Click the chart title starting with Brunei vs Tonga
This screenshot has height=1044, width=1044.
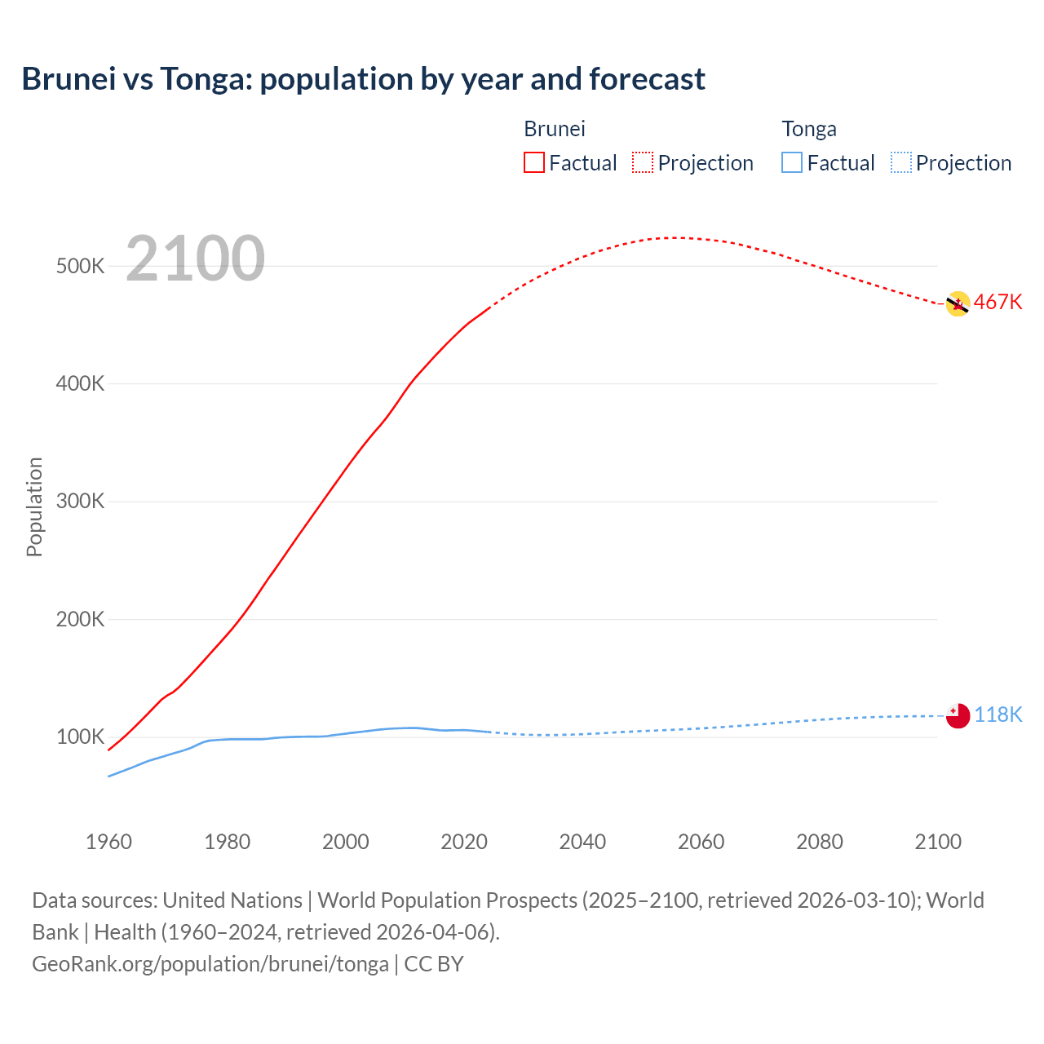click(363, 79)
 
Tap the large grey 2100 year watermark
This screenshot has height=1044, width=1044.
click(196, 259)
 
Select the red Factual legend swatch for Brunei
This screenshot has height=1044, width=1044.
click(534, 162)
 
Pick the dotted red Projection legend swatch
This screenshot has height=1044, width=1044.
click(643, 162)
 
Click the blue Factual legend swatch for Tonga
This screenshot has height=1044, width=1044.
click(792, 162)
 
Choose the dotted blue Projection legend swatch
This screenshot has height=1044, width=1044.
click(900, 162)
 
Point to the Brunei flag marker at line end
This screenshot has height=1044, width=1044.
click(958, 304)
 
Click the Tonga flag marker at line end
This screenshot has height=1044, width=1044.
click(958, 715)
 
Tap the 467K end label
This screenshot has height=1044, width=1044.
click(998, 303)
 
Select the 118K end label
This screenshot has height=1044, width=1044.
click(998, 715)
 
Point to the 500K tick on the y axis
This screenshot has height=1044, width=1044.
click(80, 267)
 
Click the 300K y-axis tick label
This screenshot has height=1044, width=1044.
click(80, 502)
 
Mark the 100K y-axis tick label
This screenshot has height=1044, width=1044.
click(80, 737)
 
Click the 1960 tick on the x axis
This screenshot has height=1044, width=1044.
click(108, 842)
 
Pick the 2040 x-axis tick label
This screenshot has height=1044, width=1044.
click(582, 842)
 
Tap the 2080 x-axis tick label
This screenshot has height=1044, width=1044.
click(819, 842)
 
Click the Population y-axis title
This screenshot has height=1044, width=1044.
click(34, 507)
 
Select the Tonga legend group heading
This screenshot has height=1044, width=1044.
click(809, 129)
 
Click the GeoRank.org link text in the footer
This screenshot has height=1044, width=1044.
click(210, 964)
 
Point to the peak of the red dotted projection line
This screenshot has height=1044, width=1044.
click(674, 237)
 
